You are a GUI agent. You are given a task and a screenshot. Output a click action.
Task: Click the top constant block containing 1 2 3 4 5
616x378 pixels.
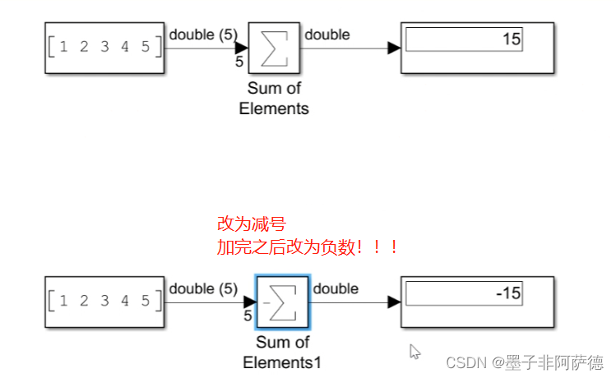pyautogui.click(x=104, y=48)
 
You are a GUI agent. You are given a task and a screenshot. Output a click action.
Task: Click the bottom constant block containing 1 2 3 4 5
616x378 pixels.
pyautogui.click(x=104, y=302)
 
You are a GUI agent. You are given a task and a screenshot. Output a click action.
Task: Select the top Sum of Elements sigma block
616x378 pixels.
pyautogui.click(x=276, y=48)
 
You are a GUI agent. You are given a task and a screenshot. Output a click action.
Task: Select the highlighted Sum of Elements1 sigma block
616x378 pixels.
pyautogui.click(x=282, y=302)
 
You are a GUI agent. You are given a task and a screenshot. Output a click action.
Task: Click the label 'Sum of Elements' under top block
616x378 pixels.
pyautogui.click(x=275, y=99)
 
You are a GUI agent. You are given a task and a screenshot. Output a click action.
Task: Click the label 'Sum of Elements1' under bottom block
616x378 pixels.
pyautogui.click(x=282, y=353)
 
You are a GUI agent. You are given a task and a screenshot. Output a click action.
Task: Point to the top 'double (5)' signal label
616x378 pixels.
pyautogui.click(x=203, y=35)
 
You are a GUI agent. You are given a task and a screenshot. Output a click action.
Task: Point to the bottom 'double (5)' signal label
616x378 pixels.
pyautogui.click(x=203, y=288)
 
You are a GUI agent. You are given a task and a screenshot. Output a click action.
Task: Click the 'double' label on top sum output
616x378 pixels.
pyautogui.click(x=327, y=35)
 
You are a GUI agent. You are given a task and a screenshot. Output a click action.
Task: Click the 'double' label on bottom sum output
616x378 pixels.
pyautogui.click(x=336, y=288)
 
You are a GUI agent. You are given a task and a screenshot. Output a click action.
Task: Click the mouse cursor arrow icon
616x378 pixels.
pyautogui.click(x=415, y=351)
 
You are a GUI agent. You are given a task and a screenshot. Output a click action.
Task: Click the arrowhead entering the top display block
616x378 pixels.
pyautogui.click(x=395, y=48)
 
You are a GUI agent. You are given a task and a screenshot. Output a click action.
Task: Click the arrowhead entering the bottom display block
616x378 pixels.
pyautogui.click(x=395, y=302)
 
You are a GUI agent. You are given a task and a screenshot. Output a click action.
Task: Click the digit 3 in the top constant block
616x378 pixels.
pyautogui.click(x=104, y=48)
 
